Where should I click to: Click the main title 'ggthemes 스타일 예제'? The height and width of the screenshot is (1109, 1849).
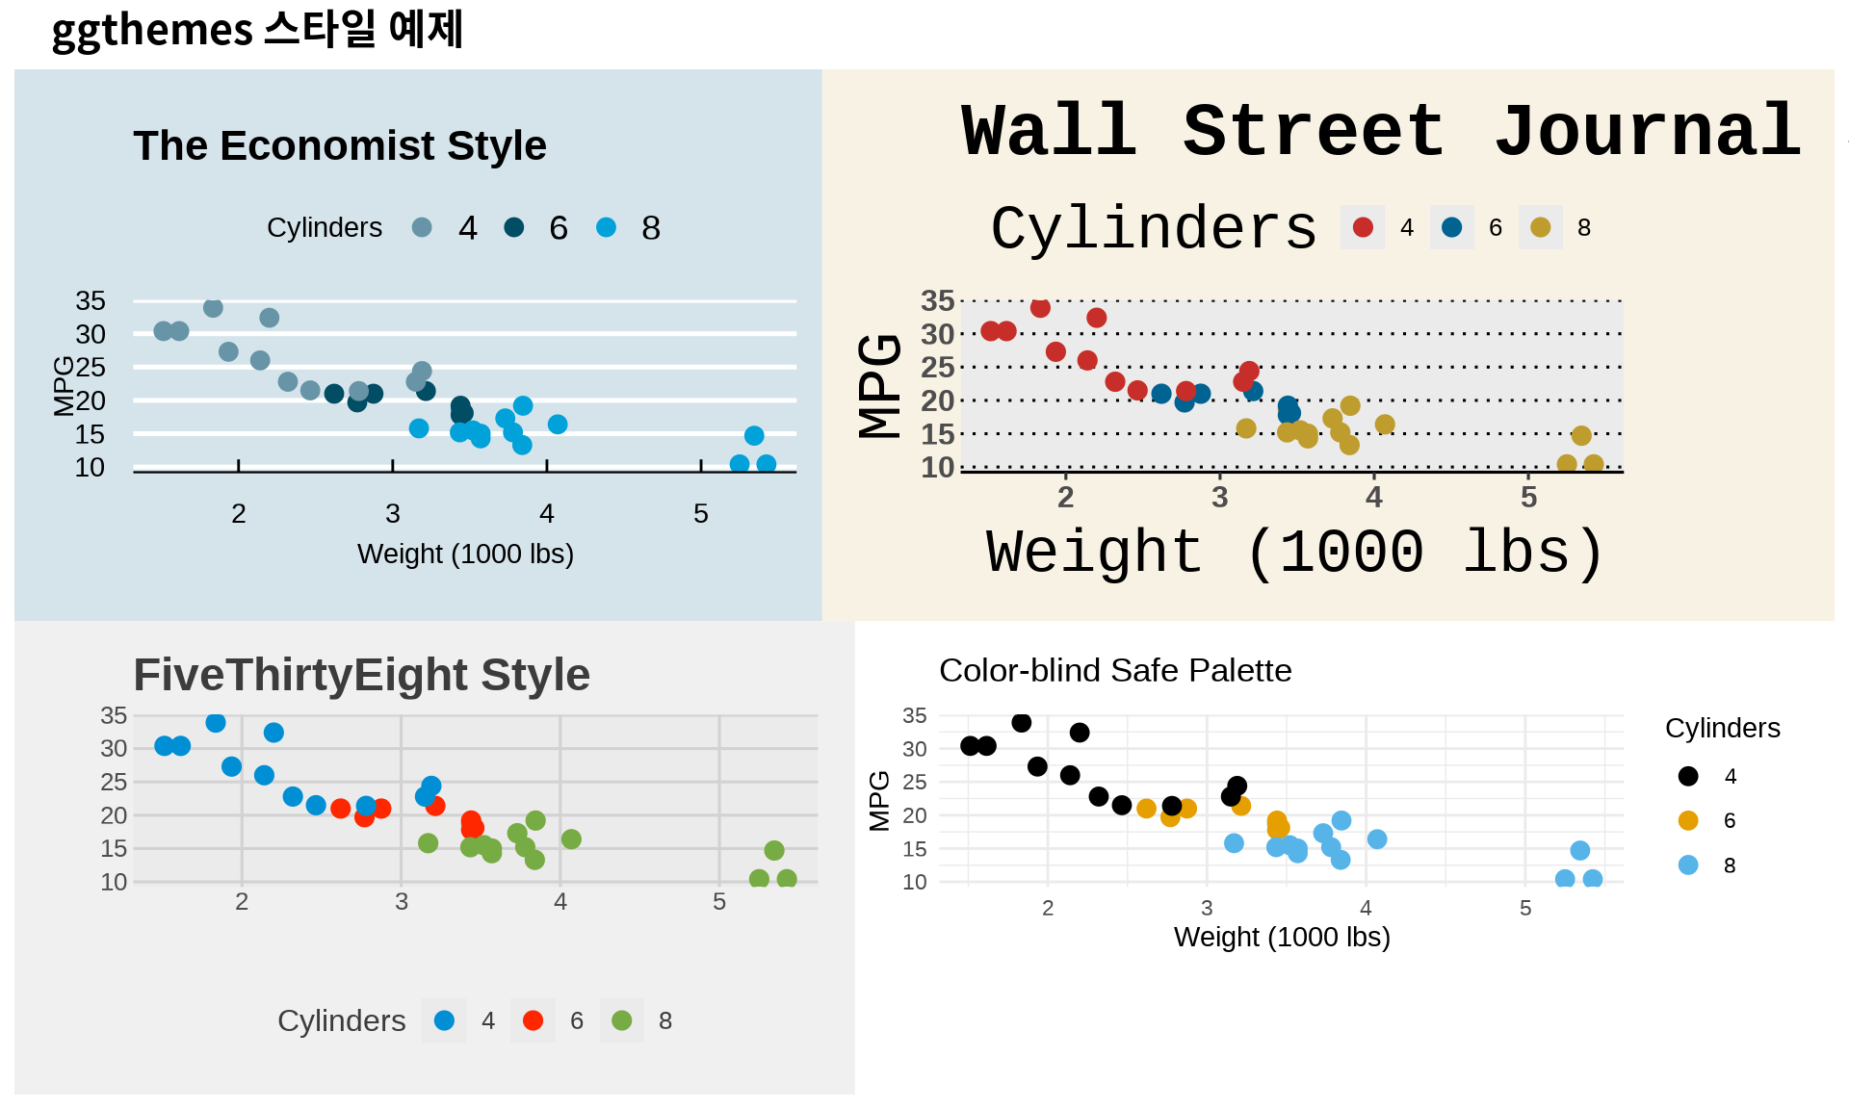click(257, 29)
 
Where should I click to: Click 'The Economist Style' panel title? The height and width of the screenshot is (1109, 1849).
click(339, 145)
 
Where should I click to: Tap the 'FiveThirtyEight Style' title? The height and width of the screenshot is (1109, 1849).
click(361, 674)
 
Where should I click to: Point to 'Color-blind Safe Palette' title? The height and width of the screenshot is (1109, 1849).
click(1114, 670)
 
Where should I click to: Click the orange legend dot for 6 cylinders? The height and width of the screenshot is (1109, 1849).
click(1687, 820)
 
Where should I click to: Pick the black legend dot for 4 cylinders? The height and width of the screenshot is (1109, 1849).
click(1687, 776)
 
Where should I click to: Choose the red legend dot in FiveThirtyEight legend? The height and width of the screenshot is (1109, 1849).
click(533, 1020)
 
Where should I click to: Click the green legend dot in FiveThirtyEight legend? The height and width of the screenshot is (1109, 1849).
click(621, 1020)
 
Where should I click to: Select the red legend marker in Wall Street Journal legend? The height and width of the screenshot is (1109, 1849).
click(1363, 227)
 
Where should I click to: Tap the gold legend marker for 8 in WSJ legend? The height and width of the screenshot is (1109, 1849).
click(1540, 227)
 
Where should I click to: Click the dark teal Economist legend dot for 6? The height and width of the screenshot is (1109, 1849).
click(513, 227)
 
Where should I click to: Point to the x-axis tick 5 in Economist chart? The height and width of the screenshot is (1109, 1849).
click(700, 514)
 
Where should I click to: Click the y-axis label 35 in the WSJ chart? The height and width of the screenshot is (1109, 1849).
click(937, 301)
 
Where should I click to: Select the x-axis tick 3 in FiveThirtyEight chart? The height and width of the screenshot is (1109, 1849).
click(401, 902)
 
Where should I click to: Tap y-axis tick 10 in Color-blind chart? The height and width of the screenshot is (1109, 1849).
click(914, 882)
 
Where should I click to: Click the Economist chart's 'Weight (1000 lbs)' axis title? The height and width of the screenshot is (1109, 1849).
click(465, 554)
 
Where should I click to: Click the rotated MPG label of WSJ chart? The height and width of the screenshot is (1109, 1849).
click(879, 385)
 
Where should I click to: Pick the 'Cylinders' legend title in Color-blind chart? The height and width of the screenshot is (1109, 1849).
click(1722, 728)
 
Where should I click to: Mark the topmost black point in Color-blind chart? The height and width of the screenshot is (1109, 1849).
click(1022, 722)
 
